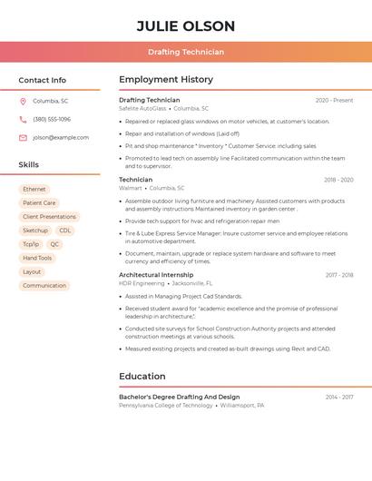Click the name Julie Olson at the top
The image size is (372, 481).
186,26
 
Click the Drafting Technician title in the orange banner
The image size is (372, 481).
186,52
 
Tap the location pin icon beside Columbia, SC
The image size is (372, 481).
23,101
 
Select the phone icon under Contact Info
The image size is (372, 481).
23,119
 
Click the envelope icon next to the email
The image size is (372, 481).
23,138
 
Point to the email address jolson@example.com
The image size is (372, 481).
61,138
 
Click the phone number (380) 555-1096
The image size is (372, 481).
52,119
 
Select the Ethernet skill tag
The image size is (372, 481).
34,190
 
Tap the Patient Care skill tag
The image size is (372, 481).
39,203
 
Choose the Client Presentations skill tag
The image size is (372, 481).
49,217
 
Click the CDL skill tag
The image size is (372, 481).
65,231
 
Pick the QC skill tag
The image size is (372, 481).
54,244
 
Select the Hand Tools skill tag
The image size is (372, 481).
37,258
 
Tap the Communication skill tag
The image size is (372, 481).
44,286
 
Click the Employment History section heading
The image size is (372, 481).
166,80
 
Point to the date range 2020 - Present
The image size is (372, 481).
334,101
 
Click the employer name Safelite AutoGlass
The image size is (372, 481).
142,109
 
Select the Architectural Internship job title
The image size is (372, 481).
156,275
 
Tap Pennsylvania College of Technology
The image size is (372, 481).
166,406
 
